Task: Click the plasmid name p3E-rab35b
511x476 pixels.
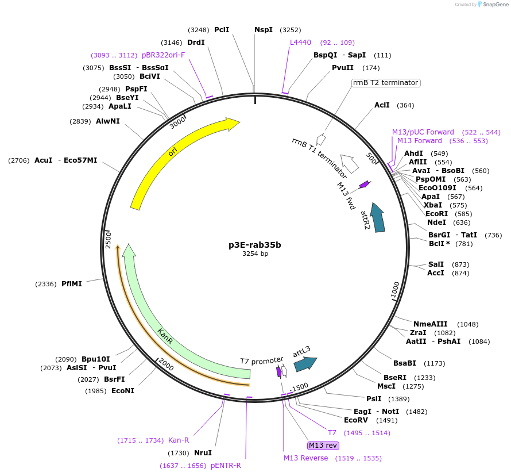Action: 255,244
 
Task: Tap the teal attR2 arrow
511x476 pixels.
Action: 378,217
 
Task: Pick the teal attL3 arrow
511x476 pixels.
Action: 305,363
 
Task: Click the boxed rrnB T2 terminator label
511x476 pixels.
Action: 386,83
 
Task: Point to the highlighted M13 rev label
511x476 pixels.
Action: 323,446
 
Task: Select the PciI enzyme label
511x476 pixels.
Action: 222,30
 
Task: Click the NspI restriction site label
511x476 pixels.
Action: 264,30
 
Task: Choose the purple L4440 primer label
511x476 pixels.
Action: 300,43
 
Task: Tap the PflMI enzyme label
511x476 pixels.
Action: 72,284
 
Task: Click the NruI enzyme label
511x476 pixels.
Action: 203,453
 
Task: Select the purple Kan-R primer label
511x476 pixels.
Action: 179,440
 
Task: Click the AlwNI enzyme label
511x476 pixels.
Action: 108,121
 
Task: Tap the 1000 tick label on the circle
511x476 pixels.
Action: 396,290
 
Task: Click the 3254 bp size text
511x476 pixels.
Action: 255,254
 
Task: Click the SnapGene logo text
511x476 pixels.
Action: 495,5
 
